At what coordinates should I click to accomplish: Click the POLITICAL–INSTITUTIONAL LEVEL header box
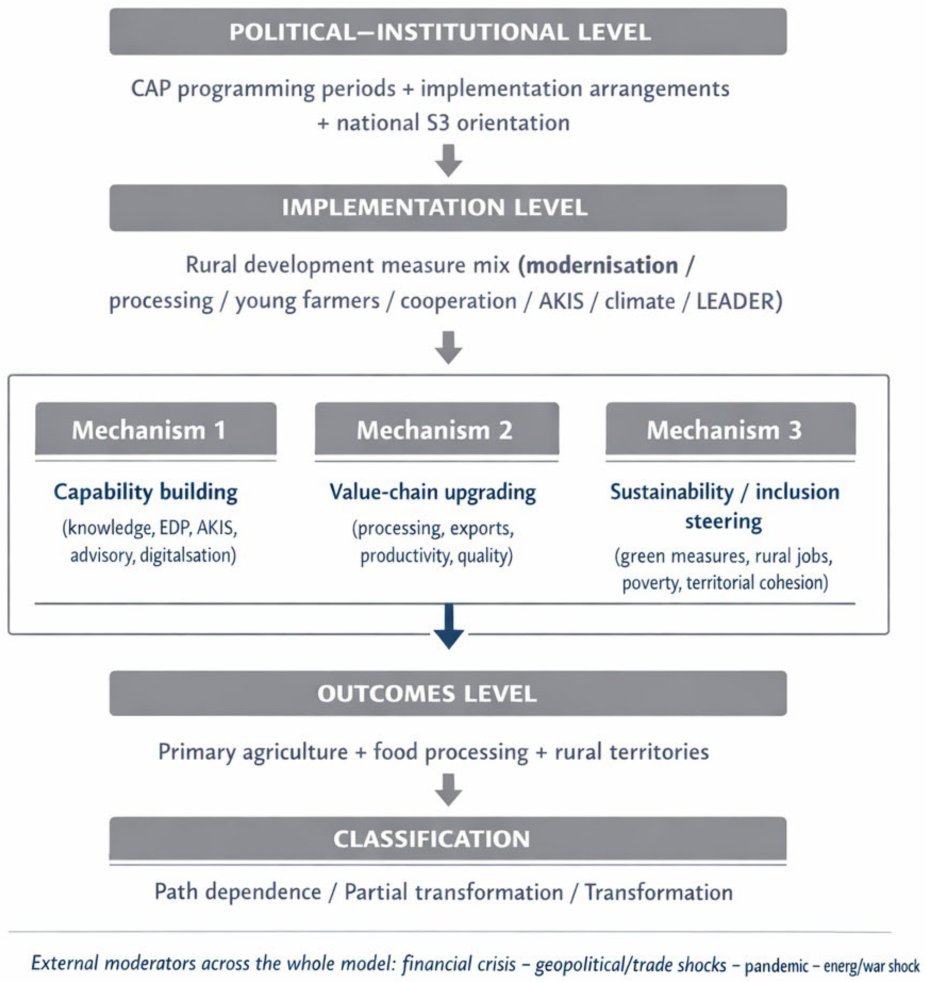[x=448, y=32]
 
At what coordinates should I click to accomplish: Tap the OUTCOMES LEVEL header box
[x=448, y=693]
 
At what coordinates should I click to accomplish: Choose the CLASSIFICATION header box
[x=448, y=839]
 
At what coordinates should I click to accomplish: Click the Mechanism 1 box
[x=155, y=429]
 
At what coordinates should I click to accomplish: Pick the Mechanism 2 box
[x=437, y=429]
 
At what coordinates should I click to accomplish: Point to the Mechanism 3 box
[x=730, y=429]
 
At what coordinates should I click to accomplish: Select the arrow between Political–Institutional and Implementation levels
[x=449, y=160]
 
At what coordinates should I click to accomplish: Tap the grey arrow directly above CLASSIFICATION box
[x=449, y=789]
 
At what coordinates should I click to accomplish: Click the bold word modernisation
[x=602, y=266]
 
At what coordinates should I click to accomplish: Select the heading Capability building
[x=145, y=492]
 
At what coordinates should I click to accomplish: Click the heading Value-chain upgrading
[x=433, y=492]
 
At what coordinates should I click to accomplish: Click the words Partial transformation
[x=454, y=892]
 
